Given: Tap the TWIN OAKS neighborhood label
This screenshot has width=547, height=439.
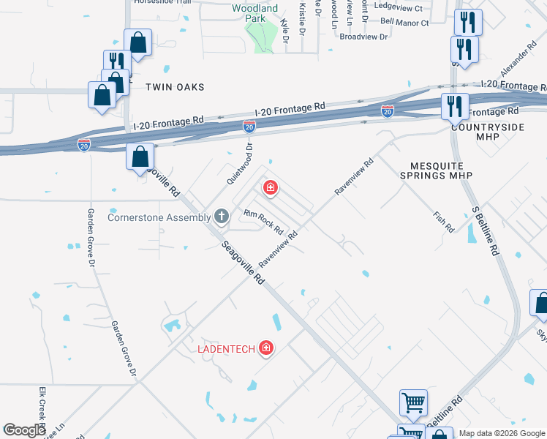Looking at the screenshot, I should (x=174, y=87).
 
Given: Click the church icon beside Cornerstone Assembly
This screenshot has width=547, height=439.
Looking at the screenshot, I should (x=222, y=217).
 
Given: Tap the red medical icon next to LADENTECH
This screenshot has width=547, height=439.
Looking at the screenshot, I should (x=266, y=348).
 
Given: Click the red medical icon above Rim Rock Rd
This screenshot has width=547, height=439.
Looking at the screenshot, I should (x=271, y=189).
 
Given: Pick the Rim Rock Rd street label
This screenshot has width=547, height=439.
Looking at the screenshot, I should (x=263, y=222).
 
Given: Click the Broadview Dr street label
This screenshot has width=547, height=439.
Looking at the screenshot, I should (x=363, y=36).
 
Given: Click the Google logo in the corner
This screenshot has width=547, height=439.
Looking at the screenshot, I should (x=24, y=430).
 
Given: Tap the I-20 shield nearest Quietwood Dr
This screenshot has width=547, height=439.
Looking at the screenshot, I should (x=249, y=127).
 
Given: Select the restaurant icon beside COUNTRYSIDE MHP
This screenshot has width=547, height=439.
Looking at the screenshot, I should (x=453, y=107).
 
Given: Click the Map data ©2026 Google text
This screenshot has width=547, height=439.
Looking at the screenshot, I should (x=502, y=433).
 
